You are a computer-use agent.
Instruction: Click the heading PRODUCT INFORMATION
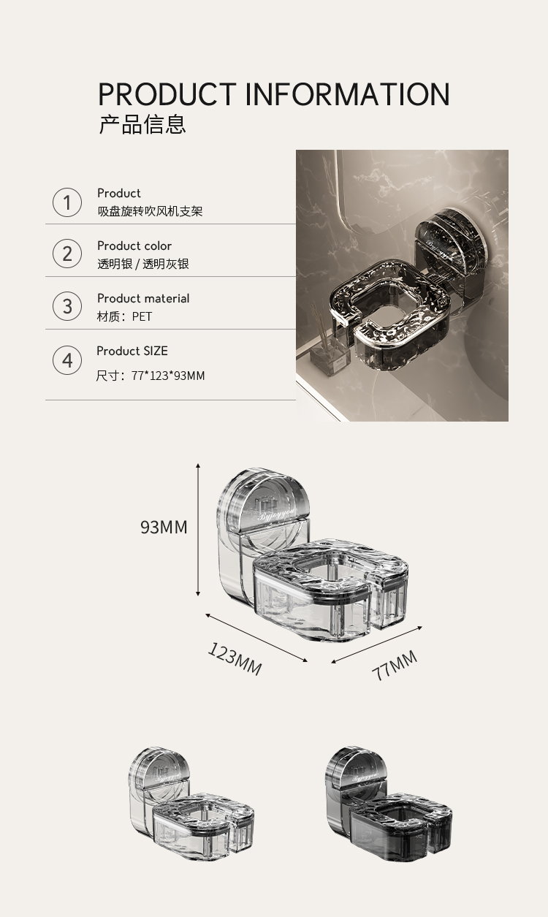(x=273, y=95)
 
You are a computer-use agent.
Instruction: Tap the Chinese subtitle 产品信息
(x=142, y=124)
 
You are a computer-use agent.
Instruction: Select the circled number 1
(x=67, y=202)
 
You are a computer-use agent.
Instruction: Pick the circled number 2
(x=67, y=254)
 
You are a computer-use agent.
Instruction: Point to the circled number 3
(x=67, y=306)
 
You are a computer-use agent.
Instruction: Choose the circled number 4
(x=67, y=360)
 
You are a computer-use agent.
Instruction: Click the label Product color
(x=134, y=246)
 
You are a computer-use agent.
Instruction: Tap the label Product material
(x=143, y=298)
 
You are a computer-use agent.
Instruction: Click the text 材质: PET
(x=124, y=316)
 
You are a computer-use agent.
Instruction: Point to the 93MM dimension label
(x=164, y=527)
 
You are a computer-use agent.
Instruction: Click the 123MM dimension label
(x=235, y=658)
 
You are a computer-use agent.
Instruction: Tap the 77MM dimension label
(x=395, y=665)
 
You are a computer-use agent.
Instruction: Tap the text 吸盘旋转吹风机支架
(x=150, y=211)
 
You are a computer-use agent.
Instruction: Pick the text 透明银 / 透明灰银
(x=143, y=264)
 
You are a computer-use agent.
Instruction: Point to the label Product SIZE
(x=132, y=351)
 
